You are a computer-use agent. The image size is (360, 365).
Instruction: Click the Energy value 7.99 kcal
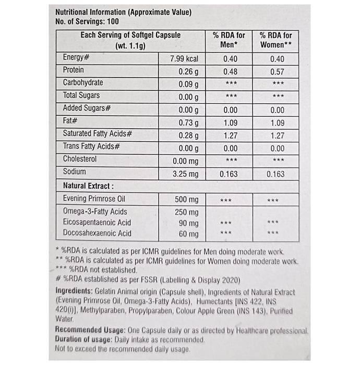[182, 58]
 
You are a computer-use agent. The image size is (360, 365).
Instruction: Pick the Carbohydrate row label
[82, 83]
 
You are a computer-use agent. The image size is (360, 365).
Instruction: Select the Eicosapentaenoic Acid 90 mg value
[189, 223]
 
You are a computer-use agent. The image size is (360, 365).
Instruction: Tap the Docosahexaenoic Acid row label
[97, 233]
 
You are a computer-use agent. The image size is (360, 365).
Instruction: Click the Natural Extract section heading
[88, 186]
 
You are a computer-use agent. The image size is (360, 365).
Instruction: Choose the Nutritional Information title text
[123, 12]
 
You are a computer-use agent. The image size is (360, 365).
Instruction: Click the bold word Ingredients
[73, 291]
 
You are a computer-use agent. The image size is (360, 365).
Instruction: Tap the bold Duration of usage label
[83, 340]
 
